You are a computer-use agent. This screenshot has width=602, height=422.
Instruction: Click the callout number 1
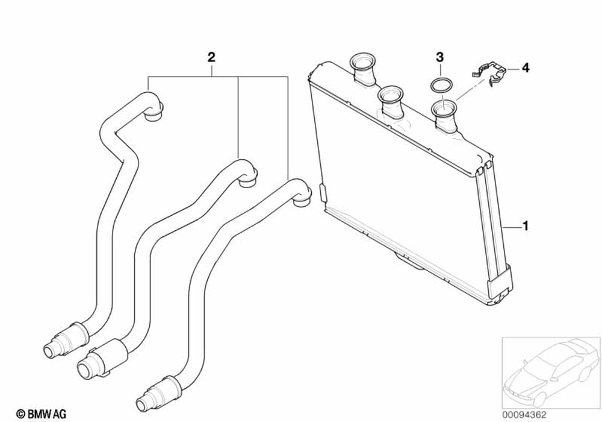pyautogui.click(x=526, y=227)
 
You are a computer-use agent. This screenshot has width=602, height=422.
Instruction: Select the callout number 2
pyautogui.click(x=211, y=58)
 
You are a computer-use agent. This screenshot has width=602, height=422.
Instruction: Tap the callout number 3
pyautogui.click(x=440, y=58)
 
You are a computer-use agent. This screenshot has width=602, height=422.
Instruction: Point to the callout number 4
pyautogui.click(x=525, y=69)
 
